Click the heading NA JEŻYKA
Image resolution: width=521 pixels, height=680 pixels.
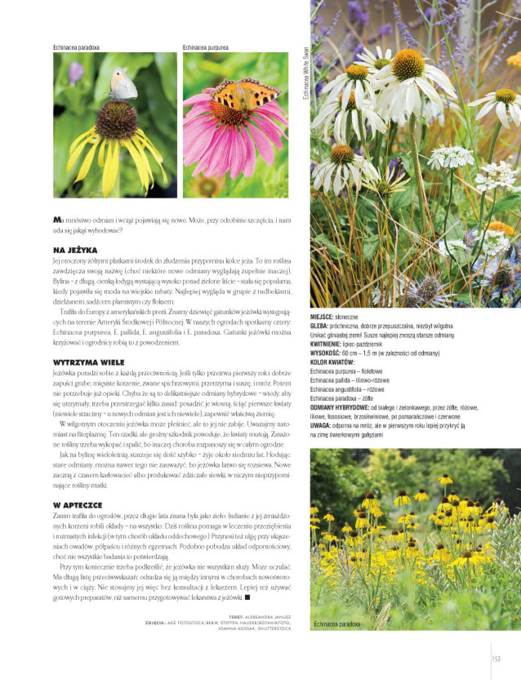pos(75,250)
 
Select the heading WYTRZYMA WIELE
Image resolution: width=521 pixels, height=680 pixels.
pos(89,362)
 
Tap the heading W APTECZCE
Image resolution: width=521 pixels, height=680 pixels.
pos(78,505)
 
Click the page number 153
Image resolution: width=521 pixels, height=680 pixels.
pos(496,659)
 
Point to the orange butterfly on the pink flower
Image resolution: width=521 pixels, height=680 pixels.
pos(246,94)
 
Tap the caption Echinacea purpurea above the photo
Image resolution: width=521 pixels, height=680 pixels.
pos(205,47)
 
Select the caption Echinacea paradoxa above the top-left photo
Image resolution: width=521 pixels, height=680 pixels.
pos(76,47)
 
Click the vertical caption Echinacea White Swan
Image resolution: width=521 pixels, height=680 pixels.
pos(306,73)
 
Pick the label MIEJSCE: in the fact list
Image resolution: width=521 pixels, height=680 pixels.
pos(322,317)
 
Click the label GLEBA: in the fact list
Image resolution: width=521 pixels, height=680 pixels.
pos(318,326)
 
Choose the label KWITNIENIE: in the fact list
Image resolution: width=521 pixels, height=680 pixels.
pos(326,344)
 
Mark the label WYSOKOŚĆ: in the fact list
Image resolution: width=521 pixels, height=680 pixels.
pos(325,353)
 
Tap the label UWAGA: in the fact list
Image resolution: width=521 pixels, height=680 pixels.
pos(320,425)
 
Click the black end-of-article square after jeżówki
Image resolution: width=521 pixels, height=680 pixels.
pos(247,598)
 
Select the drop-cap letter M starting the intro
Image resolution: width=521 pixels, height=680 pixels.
pos(57,220)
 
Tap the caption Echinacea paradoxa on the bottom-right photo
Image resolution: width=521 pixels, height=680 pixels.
pos(337,624)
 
